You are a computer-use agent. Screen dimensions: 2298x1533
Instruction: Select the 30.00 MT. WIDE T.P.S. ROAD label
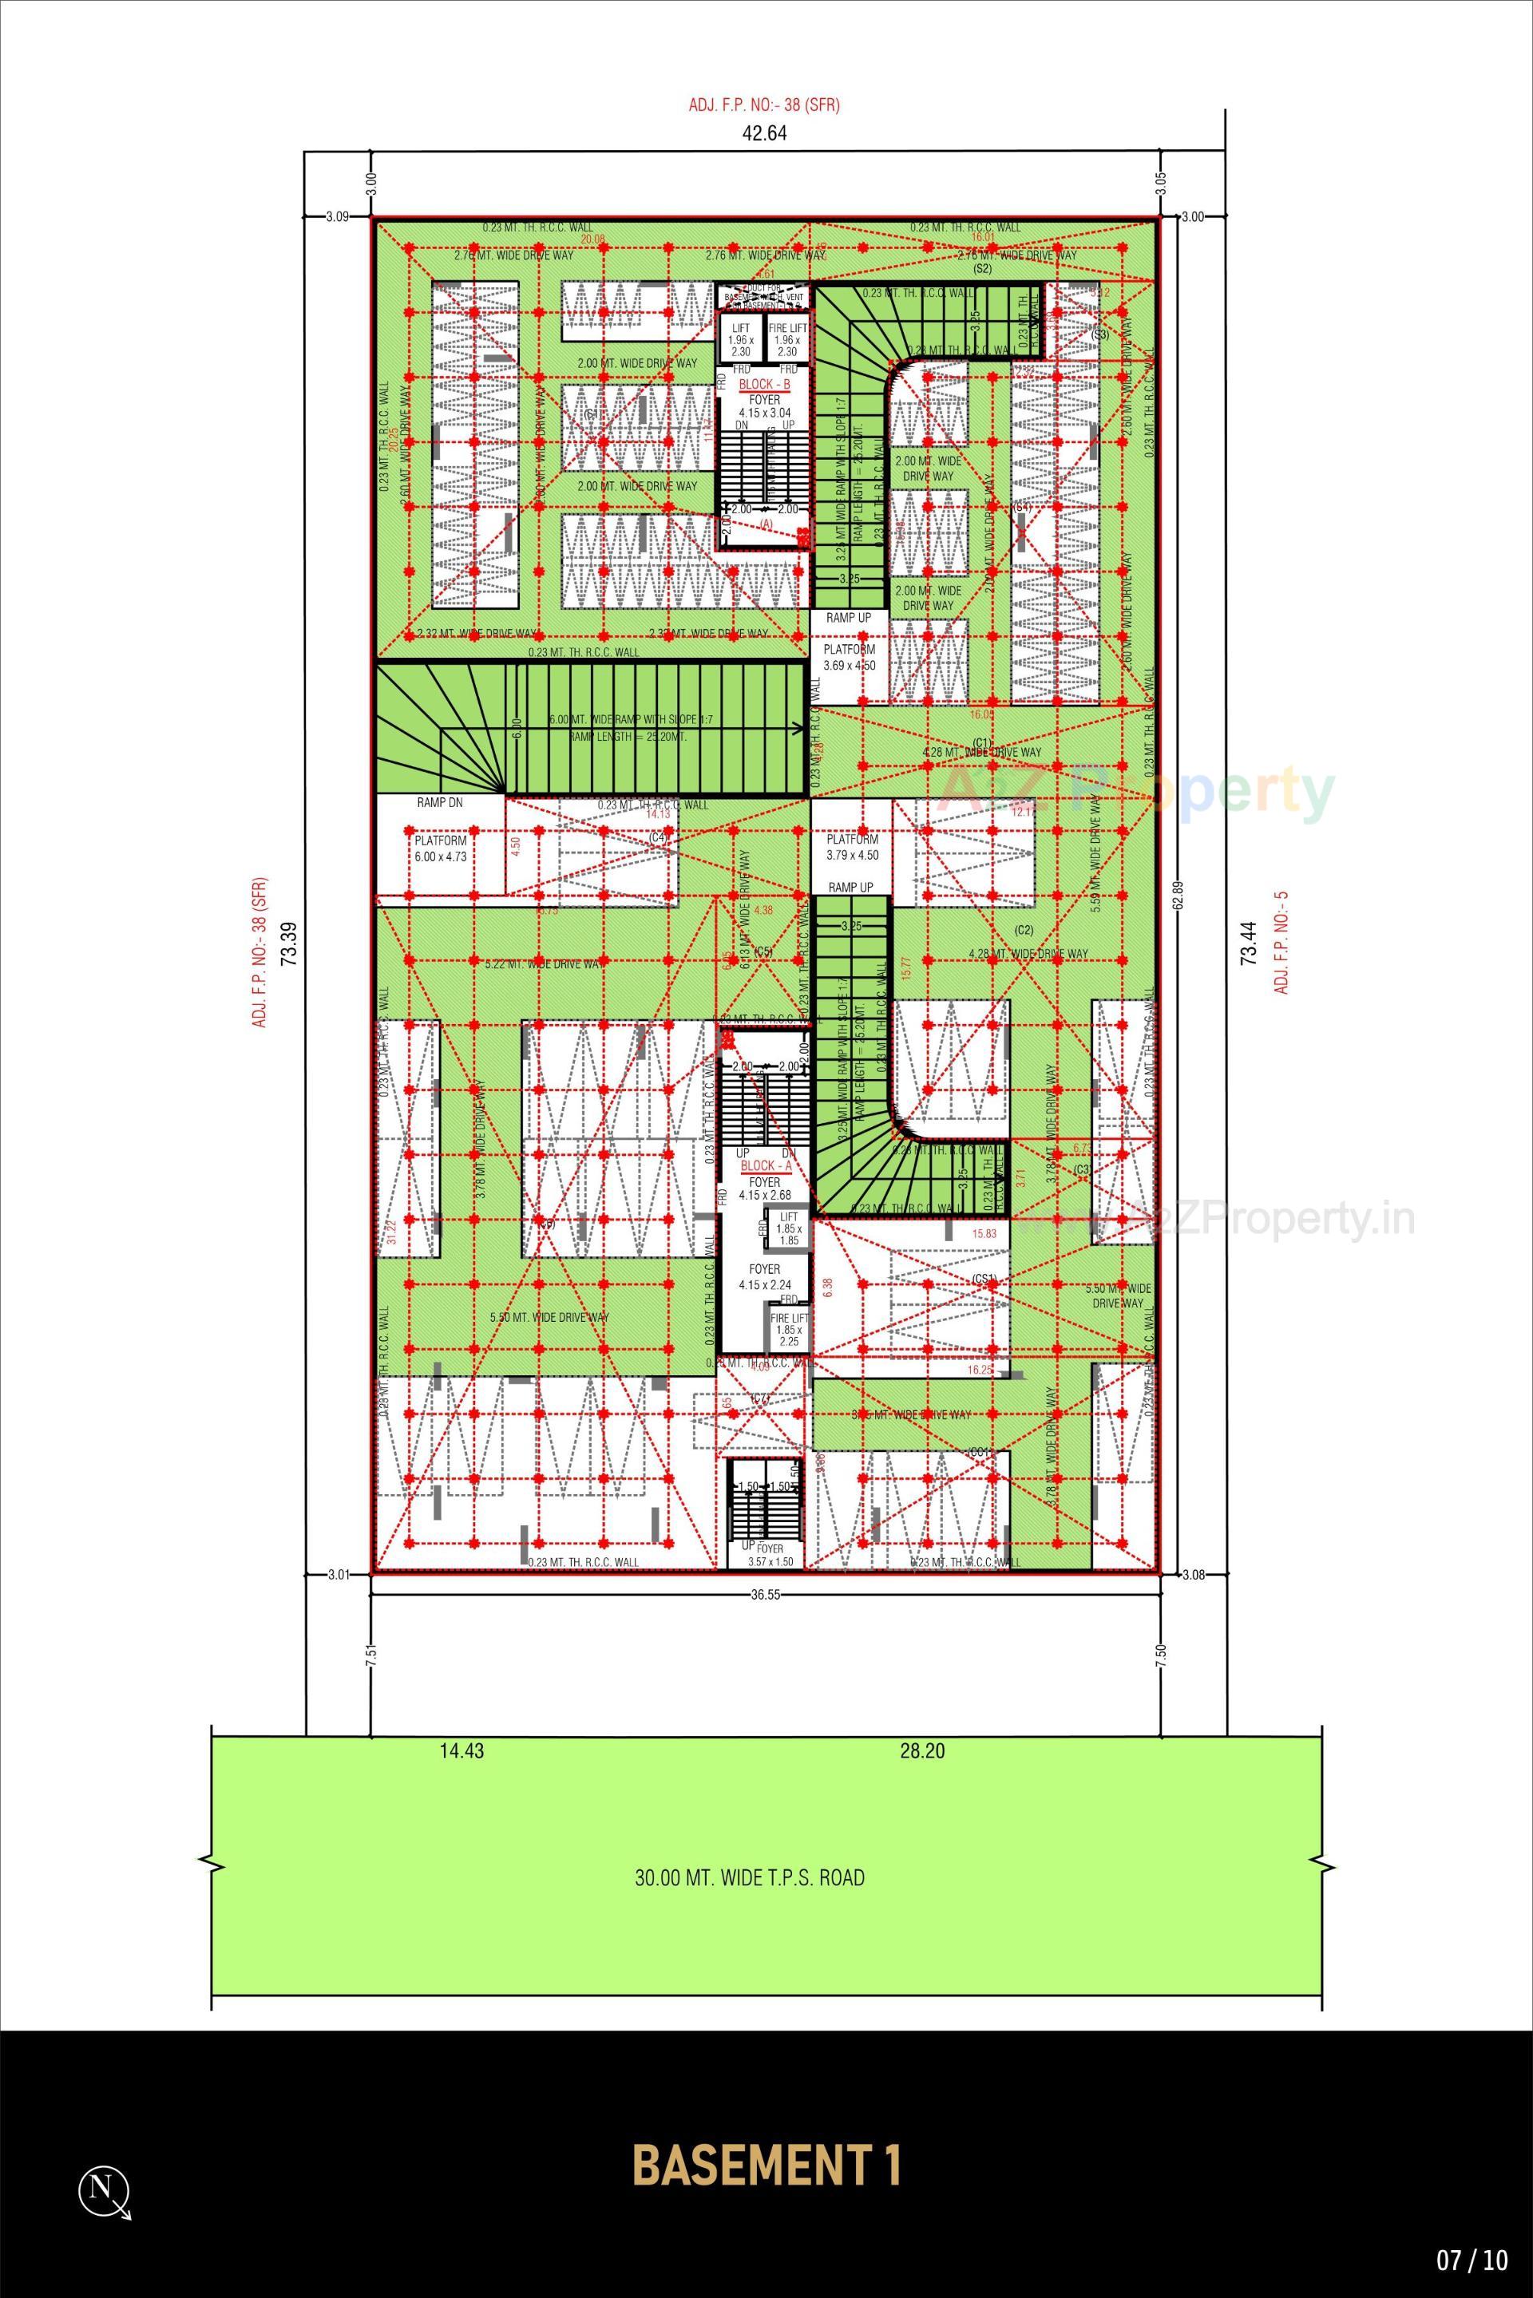pyautogui.click(x=750, y=1877)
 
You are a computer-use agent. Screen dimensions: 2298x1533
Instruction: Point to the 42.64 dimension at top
pyautogui.click(x=766, y=134)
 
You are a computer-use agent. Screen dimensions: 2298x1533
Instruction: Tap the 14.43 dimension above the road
pyautogui.click(x=461, y=1751)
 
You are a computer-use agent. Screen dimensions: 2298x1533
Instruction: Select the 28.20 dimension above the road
pyautogui.click(x=922, y=1751)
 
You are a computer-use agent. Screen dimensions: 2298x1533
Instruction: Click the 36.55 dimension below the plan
pyautogui.click(x=766, y=1593)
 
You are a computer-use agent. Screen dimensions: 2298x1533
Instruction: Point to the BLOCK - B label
pyautogui.click(x=765, y=385)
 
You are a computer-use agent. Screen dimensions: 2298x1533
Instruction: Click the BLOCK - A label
pyautogui.click(x=766, y=1166)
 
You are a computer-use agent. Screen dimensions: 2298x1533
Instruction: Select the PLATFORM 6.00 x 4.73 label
pyautogui.click(x=440, y=848)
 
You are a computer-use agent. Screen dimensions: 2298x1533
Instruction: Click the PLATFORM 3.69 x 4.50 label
pyautogui.click(x=850, y=657)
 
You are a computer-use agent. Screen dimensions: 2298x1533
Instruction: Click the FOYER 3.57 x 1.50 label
pyautogui.click(x=770, y=1555)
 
